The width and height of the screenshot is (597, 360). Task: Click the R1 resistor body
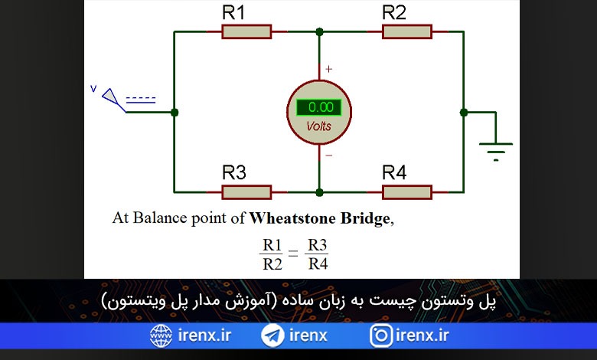coord(246,31)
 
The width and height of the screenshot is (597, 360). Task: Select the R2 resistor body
coord(407,31)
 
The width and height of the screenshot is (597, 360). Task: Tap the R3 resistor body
coord(246,192)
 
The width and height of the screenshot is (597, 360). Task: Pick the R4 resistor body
coord(407,192)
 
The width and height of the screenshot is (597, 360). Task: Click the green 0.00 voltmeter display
coord(319,107)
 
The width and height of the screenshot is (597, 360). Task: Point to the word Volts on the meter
coord(318,126)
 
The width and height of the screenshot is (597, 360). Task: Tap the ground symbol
coord(496,152)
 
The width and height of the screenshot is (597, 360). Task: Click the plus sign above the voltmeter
coord(328,69)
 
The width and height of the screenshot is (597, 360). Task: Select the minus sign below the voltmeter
coord(329,155)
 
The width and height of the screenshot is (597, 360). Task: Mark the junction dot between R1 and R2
coord(319,32)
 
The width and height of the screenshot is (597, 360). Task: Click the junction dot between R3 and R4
coord(319,192)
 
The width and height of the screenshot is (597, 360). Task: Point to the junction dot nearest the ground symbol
coord(463,113)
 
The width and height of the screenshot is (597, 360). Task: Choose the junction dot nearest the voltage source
coord(175,113)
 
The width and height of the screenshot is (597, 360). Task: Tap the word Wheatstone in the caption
coord(293,218)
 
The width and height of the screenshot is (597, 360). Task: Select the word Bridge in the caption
coord(365,218)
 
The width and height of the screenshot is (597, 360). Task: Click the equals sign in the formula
coord(293,253)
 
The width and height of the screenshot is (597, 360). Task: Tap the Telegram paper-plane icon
coord(272,335)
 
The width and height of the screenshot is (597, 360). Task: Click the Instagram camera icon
coord(380,335)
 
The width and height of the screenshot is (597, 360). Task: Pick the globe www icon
coord(161,335)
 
